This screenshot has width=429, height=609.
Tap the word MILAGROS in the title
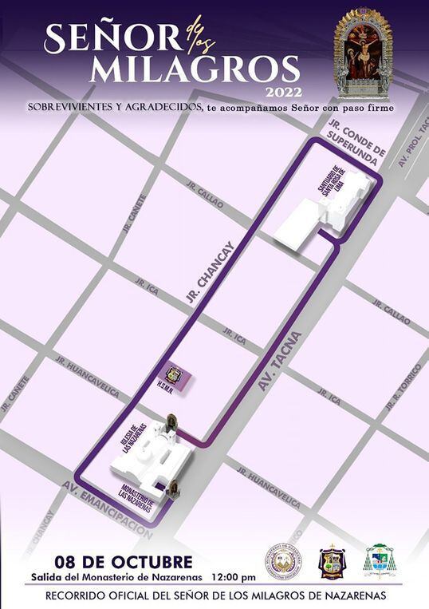pyautogui.click(x=195, y=69)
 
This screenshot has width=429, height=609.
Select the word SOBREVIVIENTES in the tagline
pyautogui.click(x=73, y=107)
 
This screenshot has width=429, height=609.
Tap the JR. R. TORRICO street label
pyautogui.click(x=403, y=386)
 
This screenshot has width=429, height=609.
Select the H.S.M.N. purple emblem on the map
pyautogui.click(x=172, y=375)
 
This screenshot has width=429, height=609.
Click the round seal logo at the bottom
pyautogui.click(x=282, y=561)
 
